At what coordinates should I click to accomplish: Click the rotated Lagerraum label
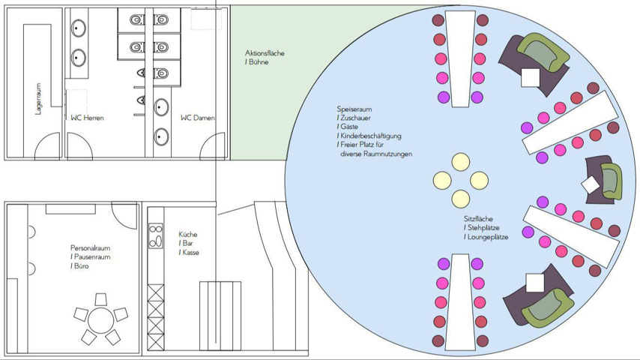point(38,98)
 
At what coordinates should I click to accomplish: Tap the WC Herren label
point(88,118)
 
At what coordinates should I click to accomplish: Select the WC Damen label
point(198,118)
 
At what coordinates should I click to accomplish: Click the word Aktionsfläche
point(265,53)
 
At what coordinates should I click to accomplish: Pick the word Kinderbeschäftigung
point(371,136)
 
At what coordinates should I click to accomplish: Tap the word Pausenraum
point(93,256)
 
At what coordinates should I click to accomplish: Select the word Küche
point(188,234)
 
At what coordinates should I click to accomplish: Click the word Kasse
point(190,253)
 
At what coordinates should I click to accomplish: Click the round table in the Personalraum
point(100,320)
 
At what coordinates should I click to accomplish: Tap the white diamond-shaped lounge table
point(591,184)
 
